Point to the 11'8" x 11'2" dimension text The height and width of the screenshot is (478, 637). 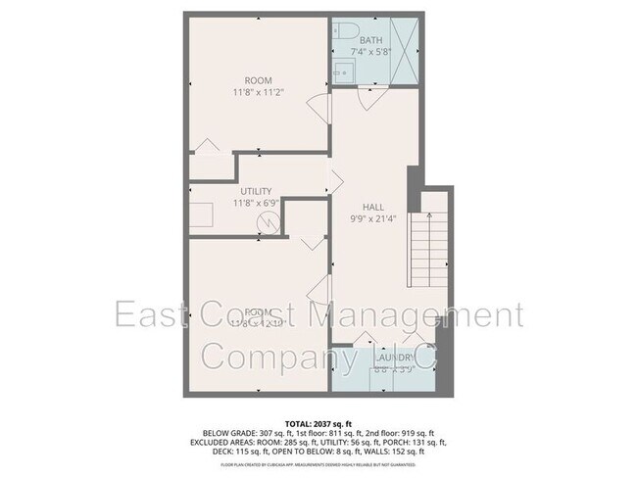click(x=259, y=93)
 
